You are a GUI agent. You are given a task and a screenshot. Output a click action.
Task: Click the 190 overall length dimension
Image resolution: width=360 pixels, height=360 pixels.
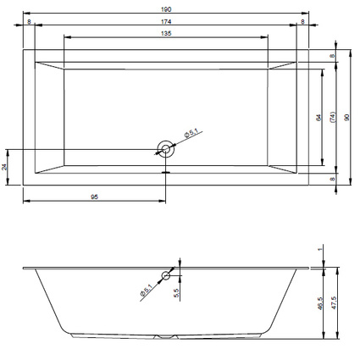pyautogui.click(x=166, y=9)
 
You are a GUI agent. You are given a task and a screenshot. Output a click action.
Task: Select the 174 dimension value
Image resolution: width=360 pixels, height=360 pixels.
pyautogui.click(x=166, y=21)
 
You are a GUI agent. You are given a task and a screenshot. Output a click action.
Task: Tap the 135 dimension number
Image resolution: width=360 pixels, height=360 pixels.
pyautogui.click(x=166, y=33)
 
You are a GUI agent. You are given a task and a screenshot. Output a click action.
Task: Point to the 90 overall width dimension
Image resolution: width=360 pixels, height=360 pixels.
pyautogui.click(x=347, y=117)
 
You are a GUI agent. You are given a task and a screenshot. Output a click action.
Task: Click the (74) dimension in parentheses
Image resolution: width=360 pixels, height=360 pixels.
pyautogui.click(x=333, y=117)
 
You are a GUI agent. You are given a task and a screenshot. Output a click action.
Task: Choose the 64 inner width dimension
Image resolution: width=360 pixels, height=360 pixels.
pyautogui.click(x=318, y=118)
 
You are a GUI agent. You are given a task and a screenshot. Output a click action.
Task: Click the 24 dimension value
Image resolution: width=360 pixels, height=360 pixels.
pyautogui.click(x=4, y=167)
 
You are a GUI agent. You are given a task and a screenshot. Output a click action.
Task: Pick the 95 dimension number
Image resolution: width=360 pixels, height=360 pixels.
pyautogui.click(x=95, y=197)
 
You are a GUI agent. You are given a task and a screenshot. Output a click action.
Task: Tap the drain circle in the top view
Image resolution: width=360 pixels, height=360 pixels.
pyautogui.click(x=166, y=149)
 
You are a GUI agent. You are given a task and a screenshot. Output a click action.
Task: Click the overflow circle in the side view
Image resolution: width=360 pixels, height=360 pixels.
pyautogui.click(x=166, y=275)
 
